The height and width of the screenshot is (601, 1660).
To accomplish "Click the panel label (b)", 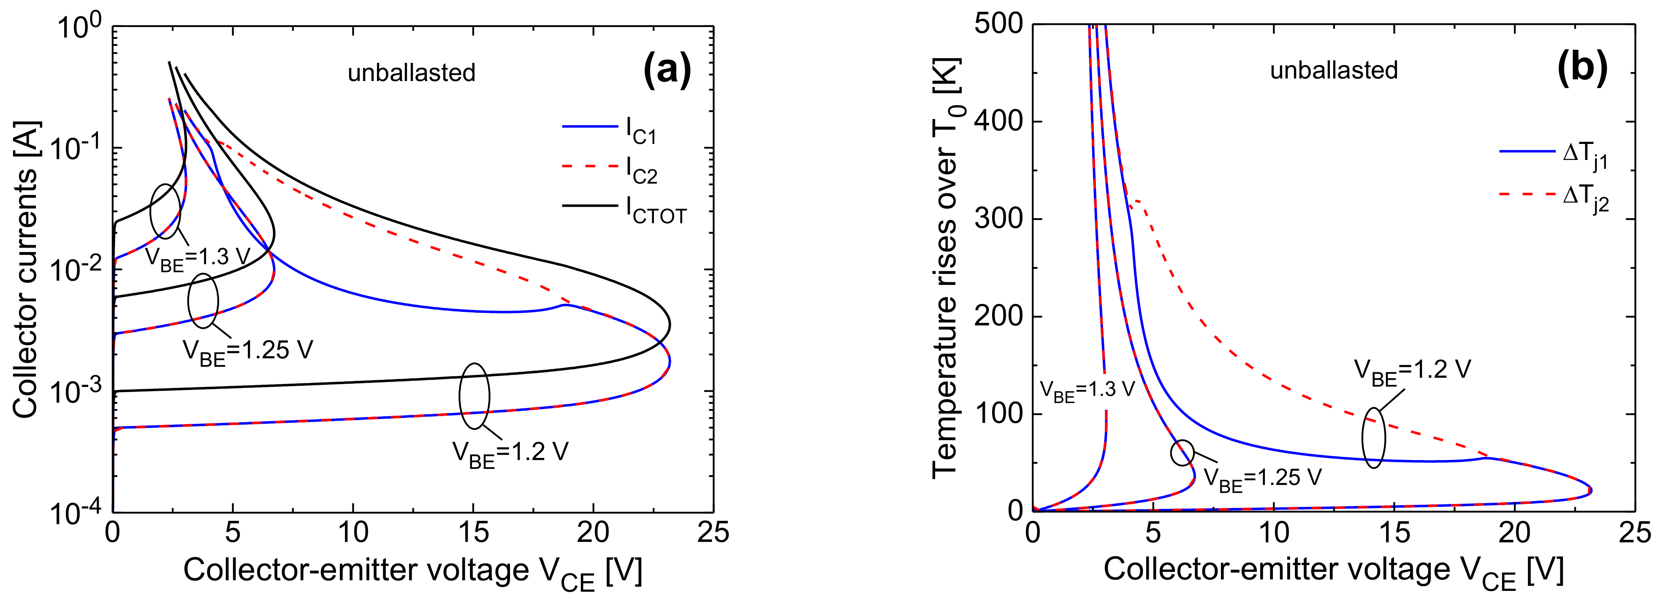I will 1582,67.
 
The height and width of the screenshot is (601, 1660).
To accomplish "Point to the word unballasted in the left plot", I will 411,73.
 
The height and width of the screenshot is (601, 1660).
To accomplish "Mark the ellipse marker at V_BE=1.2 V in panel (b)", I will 1373,438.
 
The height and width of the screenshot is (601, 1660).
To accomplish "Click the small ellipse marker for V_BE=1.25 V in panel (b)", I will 1182,453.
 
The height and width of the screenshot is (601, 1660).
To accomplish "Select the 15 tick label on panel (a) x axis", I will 472,532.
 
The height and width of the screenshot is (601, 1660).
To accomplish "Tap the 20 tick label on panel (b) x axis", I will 1514,532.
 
